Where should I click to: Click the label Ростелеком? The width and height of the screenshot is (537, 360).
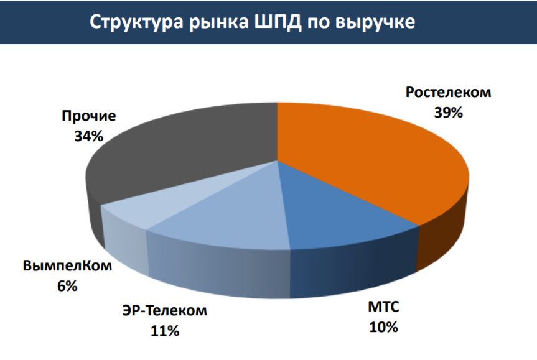tap(448, 93)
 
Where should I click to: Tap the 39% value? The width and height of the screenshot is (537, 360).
tap(449, 113)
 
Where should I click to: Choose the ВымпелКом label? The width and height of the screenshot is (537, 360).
tap(67, 266)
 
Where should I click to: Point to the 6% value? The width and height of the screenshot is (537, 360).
tap(67, 286)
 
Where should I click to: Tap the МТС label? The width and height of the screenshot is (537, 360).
tap(383, 306)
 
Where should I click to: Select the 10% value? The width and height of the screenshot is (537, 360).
tap(383, 327)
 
